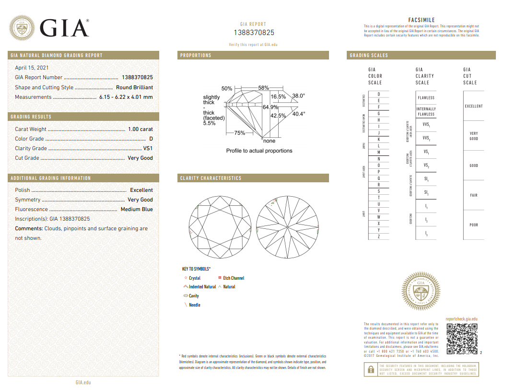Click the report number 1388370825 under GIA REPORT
pyautogui.click(x=254, y=33)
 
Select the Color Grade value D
pyautogui.click(x=151, y=139)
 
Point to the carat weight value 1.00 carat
pyautogui.click(x=141, y=129)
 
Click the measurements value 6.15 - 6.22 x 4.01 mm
pyautogui.click(x=126, y=97)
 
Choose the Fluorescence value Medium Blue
pyautogui.click(x=137, y=209)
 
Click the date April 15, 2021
pyautogui.click(x=32, y=68)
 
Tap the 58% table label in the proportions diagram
pyautogui.click(x=263, y=88)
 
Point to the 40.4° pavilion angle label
pyautogui.click(x=299, y=114)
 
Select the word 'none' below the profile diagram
pyautogui.click(x=270, y=141)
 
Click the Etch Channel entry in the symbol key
pyautogui.click(x=234, y=278)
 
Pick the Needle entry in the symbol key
pyautogui.click(x=194, y=305)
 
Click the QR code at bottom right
pyautogui.click(x=462, y=339)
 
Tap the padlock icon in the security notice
pyautogui.click(x=370, y=370)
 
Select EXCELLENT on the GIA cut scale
pyautogui.click(x=473, y=106)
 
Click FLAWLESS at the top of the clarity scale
pyautogui.click(x=426, y=98)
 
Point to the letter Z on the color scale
pyautogui.click(x=379, y=236)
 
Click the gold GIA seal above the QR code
pyautogui.click(x=421, y=291)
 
